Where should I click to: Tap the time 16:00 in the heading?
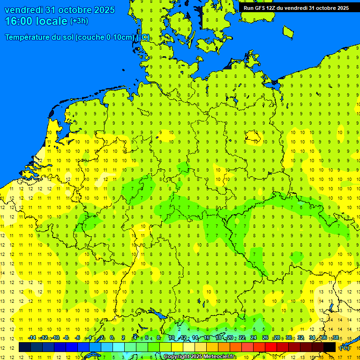point(19,21)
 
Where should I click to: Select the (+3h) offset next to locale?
point(79,21)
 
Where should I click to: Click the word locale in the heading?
point(52,21)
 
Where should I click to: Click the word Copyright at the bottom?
point(177,357)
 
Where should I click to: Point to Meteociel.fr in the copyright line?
point(219,357)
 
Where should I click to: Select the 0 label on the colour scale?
point(112,338)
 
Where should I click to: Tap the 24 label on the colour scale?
point(254,338)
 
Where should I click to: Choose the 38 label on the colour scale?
point(336,338)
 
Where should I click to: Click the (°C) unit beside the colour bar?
point(344,348)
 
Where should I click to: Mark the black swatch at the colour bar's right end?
point(330,347)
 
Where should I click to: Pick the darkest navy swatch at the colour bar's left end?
point(25,347)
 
